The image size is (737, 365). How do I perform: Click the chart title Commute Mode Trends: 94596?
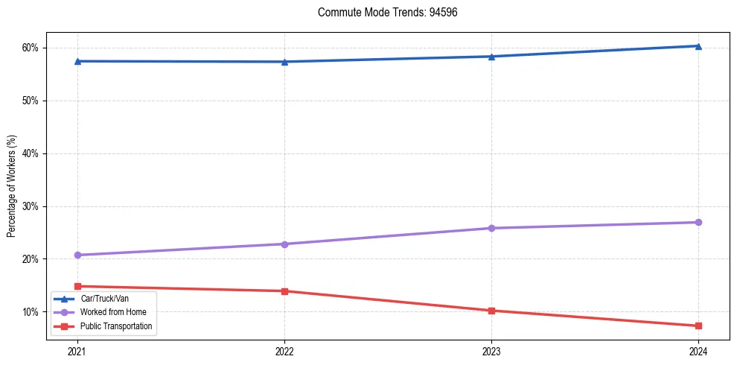382,13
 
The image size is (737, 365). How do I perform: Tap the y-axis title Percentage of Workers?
11,186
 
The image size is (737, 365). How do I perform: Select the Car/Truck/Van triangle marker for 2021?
77,61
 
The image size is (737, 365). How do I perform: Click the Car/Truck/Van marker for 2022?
284,62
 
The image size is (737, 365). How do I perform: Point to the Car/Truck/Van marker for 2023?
491,57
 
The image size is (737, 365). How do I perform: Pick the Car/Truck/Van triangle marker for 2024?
698,46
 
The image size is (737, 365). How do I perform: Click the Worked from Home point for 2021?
77,255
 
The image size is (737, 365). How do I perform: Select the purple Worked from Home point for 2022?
284,244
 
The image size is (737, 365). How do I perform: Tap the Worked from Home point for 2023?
491,228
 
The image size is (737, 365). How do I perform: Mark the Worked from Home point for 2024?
698,222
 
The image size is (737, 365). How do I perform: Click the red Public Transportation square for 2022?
284,291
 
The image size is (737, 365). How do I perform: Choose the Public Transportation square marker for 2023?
491,311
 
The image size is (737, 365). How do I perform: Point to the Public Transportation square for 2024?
698,326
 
